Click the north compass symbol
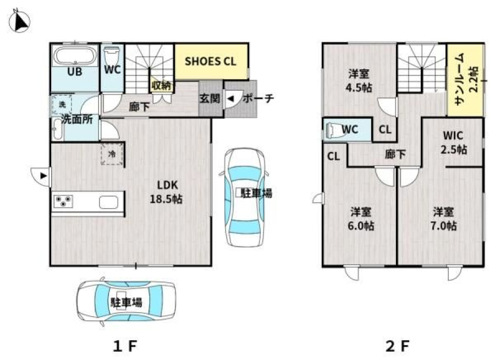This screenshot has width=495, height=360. click(19, 21)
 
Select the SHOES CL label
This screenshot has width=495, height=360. click(210, 61)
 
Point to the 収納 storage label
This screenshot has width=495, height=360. click(161, 85)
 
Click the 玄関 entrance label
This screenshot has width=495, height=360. click(210, 99)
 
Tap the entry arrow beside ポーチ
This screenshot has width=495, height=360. click(231, 99)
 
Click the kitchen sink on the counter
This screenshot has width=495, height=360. click(108, 202)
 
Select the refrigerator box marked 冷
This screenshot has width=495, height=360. click(112, 154)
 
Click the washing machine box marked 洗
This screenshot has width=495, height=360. click(62, 104)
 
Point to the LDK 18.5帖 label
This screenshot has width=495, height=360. click(166, 192)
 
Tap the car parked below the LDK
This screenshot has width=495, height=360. click(126, 302)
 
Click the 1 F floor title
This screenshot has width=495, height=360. click(125, 346)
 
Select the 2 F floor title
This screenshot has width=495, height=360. click(398, 346)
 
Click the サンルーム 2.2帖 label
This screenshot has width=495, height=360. click(466, 80)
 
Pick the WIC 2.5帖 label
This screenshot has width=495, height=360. click(453, 142)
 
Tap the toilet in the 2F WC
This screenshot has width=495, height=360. click(334, 129)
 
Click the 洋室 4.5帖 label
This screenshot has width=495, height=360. click(359, 80)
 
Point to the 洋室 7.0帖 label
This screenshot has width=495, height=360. click(443, 219)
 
